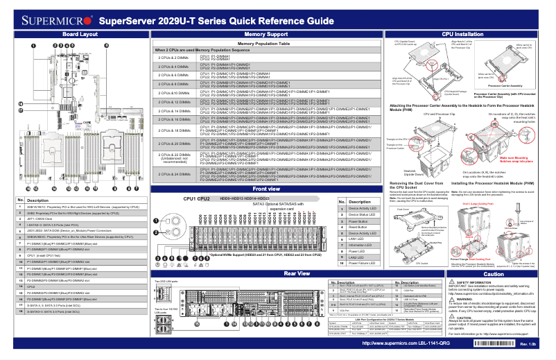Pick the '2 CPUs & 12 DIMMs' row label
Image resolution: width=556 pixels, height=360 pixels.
[x=173, y=102]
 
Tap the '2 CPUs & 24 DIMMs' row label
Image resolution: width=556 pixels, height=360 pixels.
[x=173, y=173]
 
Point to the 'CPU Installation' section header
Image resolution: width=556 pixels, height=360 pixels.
[x=462, y=33]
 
